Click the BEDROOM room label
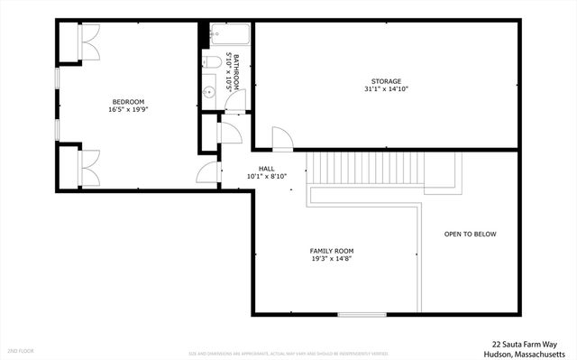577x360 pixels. (127, 102)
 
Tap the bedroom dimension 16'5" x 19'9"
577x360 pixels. (127, 110)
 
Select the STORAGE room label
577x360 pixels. (387, 81)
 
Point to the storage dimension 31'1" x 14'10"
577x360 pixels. (387, 89)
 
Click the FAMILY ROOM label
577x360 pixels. (332, 251)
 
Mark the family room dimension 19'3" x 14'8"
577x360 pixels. (332, 259)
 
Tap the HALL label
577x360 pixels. (267, 169)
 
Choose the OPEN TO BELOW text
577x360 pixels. (470, 235)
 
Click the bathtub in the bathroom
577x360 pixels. (226, 36)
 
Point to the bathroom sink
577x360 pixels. (208, 90)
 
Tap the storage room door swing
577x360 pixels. (282, 139)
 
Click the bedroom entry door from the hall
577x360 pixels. (208, 173)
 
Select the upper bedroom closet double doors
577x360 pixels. (89, 42)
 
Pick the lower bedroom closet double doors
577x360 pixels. (89, 168)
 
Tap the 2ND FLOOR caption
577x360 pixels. (20, 350)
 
